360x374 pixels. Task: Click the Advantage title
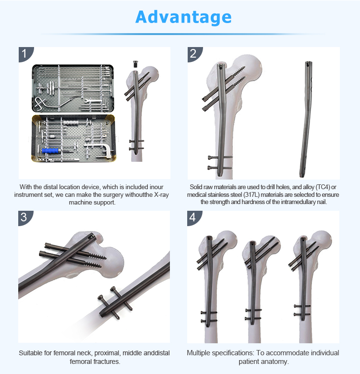183,17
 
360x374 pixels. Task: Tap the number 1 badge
25,54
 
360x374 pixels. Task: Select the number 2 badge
193,54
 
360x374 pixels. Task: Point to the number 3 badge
24,217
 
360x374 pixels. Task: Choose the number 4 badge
193,217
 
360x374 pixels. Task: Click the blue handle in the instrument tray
50,151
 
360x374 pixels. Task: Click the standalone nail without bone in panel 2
306,119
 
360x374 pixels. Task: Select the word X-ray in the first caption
161,194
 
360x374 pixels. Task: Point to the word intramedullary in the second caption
298,202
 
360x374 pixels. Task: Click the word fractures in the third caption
108,362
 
